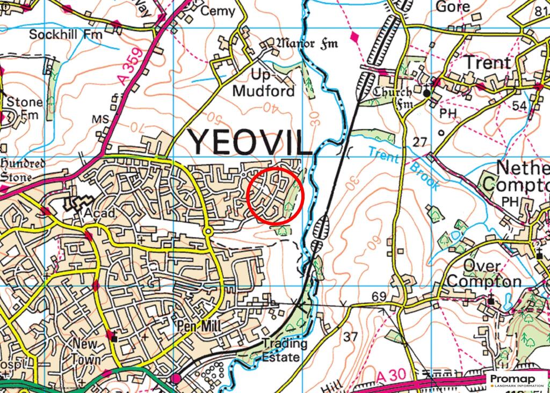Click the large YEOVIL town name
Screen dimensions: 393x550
[250, 142]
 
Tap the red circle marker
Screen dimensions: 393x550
[276, 195]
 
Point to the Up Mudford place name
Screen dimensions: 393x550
[264, 83]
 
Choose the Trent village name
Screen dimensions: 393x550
[487, 63]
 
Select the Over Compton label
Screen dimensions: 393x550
[483, 274]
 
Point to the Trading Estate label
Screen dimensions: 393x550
[284, 350]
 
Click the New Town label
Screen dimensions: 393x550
[86, 350]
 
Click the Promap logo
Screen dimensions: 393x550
[517, 381]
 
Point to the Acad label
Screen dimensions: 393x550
[99, 213]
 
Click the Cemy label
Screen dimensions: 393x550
[218, 11]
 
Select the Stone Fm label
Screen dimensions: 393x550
[18, 108]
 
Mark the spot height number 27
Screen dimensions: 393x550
[419, 142]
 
